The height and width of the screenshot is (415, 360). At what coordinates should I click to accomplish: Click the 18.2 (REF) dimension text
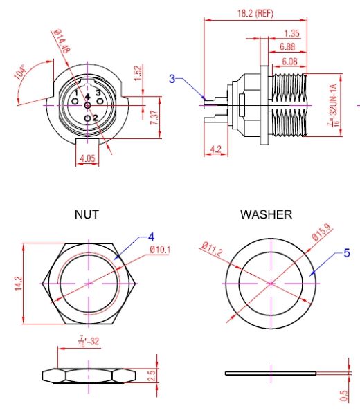tap(255, 13)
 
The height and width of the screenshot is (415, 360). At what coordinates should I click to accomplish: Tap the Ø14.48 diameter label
tap(62, 41)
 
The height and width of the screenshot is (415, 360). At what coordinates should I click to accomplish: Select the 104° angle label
tap(20, 72)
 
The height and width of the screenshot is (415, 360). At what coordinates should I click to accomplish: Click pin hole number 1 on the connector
tap(75, 102)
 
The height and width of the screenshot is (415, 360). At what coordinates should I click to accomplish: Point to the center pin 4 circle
tap(87, 105)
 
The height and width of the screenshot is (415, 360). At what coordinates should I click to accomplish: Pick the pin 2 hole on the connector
tap(87, 118)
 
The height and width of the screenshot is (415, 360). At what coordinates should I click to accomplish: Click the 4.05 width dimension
tap(87, 158)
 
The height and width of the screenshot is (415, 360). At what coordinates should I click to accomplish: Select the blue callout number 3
tap(172, 79)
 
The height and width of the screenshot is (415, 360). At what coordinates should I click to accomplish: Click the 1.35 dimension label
tap(291, 34)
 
